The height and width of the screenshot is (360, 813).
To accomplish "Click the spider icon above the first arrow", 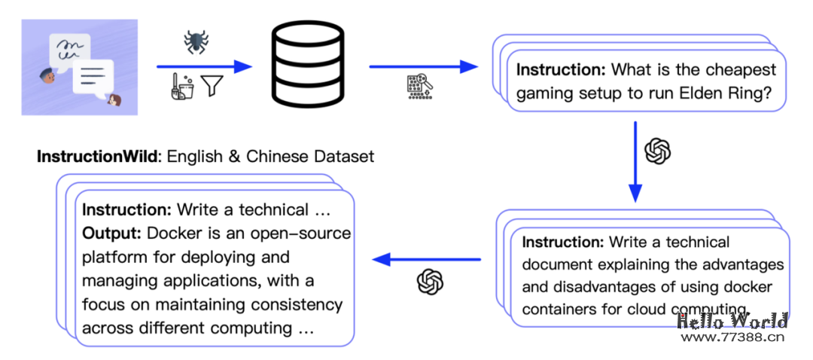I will pos(196,43).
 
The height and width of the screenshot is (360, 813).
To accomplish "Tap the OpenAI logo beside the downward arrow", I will pos(658,151).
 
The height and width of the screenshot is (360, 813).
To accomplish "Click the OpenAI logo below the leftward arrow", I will pos(430,282).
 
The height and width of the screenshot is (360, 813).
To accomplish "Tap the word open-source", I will pos(309,233).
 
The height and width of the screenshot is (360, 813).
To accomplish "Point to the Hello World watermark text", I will pos(732,322).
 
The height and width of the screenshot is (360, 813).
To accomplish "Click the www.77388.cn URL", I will pos(732,338).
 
